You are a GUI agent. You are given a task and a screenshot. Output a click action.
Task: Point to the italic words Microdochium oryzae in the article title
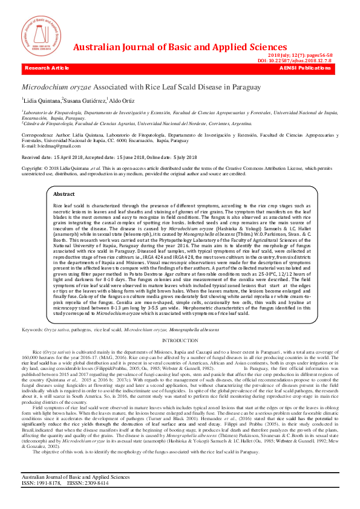pyautogui.click(x=56, y=88)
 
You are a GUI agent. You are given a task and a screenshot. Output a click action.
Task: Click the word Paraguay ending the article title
pyautogui.click(x=246, y=88)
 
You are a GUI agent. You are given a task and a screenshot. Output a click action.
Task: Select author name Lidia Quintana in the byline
pyautogui.click(x=42, y=100)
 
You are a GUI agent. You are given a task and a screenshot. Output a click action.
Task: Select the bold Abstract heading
pyautogui.click(x=64, y=194)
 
